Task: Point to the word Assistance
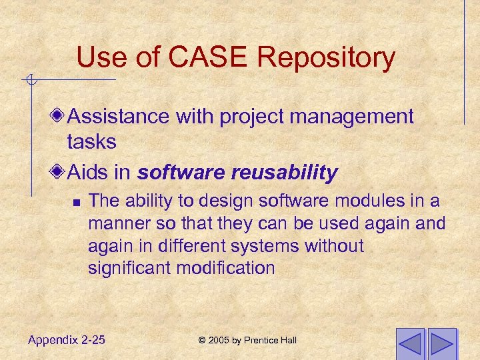coord(119,117)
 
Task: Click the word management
coord(359,117)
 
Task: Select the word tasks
coord(91,141)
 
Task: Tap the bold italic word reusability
coord(285,173)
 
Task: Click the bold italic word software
coord(181,173)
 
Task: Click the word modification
coord(229,268)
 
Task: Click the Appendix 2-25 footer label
coord(67,340)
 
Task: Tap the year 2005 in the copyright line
coord(219,341)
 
